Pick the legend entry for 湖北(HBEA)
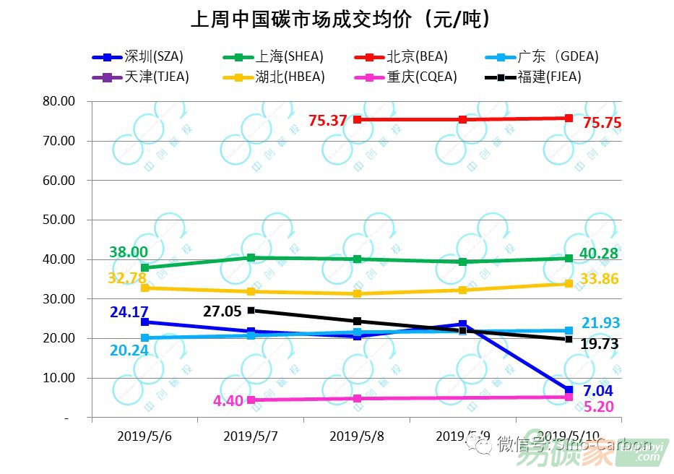[x=263, y=77]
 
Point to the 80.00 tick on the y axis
[x=59, y=101]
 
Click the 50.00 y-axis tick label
[x=59, y=220]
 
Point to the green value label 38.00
[x=129, y=252]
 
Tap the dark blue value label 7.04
[x=598, y=391]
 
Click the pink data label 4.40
[x=229, y=400]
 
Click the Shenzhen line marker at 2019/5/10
[x=569, y=390]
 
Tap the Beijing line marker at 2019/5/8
[x=357, y=119]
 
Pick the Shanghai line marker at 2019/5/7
[x=251, y=257]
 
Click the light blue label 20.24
[x=129, y=350]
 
